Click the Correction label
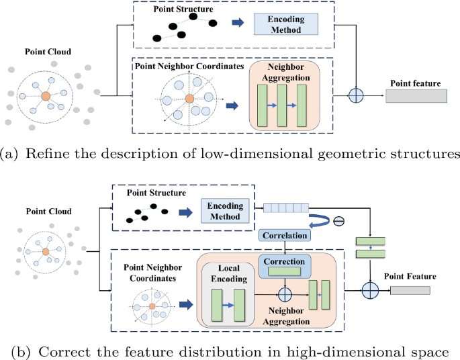tap(285, 261)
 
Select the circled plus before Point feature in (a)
tap(356, 95)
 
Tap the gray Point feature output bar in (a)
tap(416, 96)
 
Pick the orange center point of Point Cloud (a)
tap(46, 97)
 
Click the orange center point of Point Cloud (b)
tap(45, 252)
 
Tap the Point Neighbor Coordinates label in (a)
tap(190, 67)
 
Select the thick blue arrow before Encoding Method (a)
tap(238, 23)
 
